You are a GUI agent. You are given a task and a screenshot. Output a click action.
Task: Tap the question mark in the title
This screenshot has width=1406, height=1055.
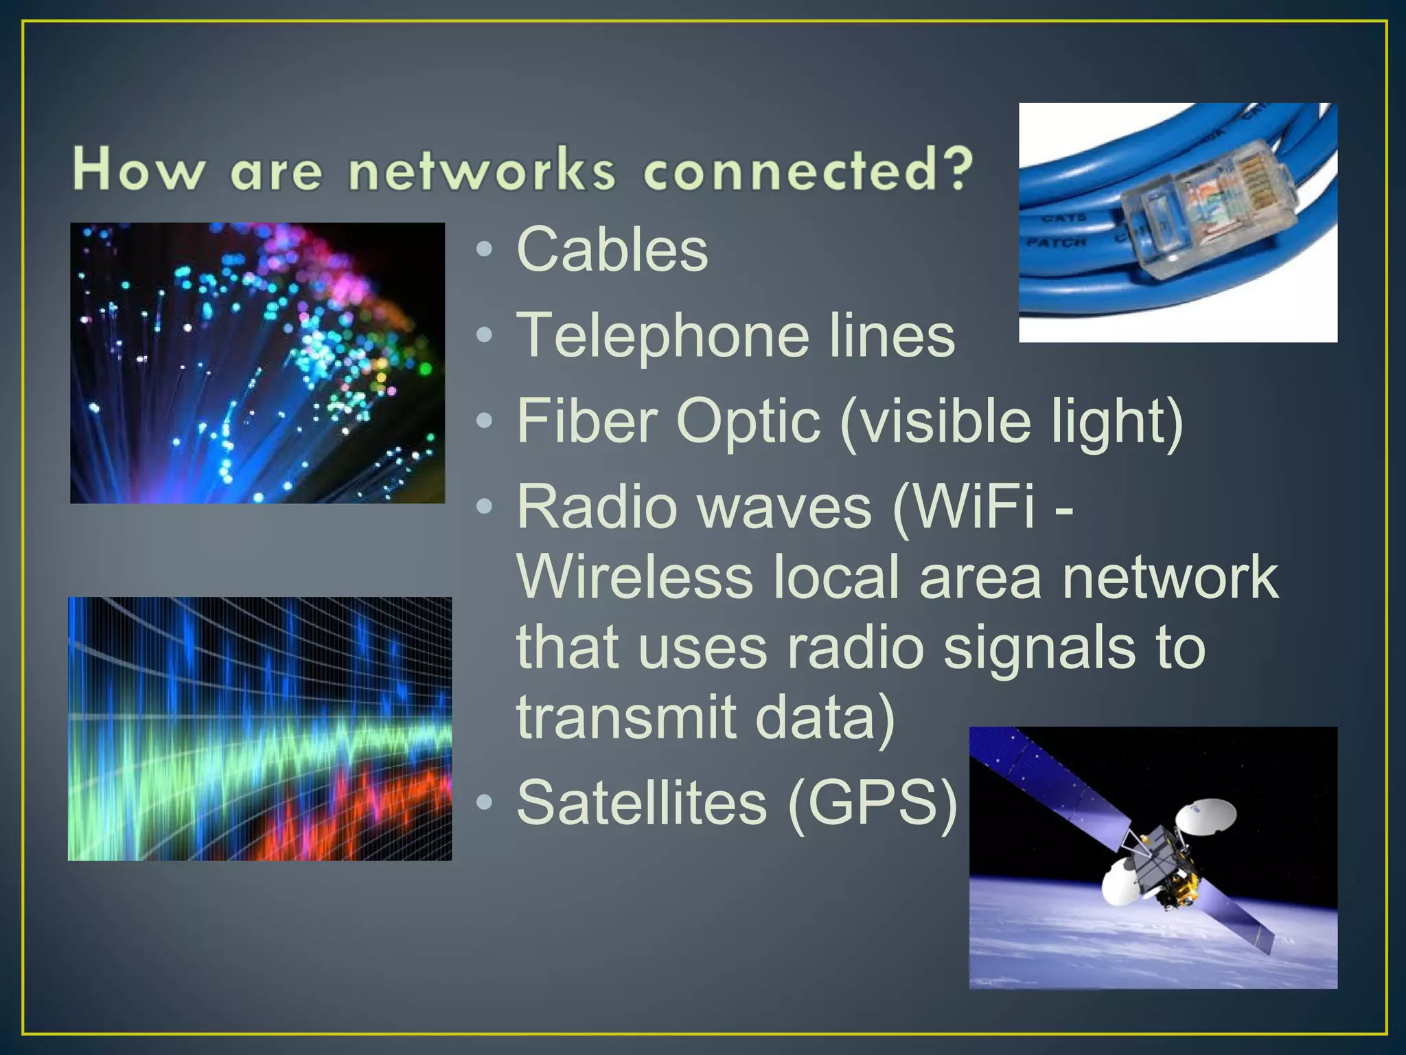point(956,168)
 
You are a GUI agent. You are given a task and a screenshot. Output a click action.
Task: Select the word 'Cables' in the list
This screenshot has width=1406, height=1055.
point(612,249)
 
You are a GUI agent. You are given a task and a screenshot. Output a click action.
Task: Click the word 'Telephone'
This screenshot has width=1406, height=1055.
point(662,335)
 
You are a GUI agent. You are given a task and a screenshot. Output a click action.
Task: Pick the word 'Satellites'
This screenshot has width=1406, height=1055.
point(641,802)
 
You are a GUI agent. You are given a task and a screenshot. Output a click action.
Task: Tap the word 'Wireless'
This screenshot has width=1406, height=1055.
point(635,578)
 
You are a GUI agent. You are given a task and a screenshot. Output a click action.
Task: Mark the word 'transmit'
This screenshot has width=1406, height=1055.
point(625,716)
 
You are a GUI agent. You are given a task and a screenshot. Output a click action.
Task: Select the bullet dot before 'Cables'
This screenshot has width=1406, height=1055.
point(485,250)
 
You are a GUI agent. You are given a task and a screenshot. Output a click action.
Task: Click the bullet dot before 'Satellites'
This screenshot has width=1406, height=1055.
point(485,802)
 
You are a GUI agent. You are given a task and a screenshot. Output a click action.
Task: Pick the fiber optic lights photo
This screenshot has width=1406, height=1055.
point(257,363)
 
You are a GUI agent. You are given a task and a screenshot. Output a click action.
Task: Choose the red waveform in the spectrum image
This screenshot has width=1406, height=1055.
point(343,810)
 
